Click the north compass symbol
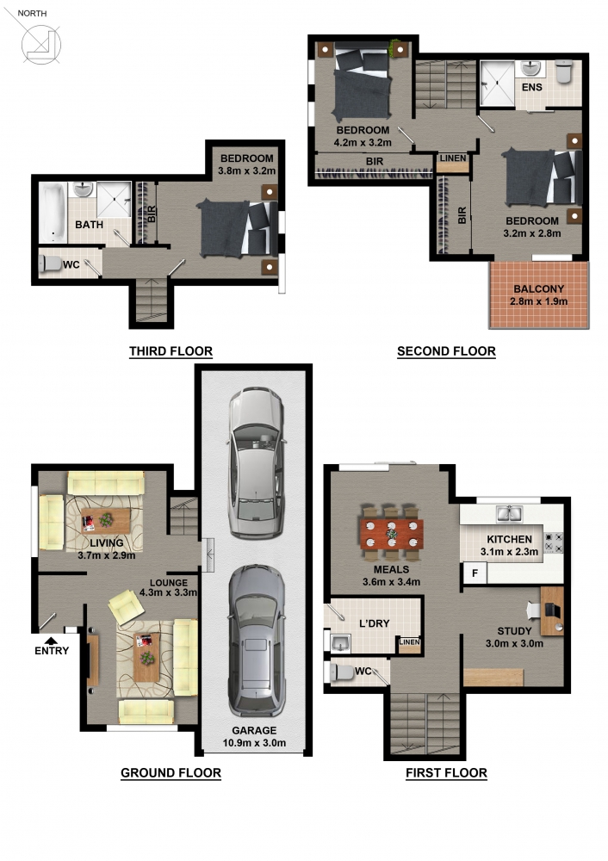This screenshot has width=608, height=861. (40, 45)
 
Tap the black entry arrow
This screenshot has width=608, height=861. (51, 641)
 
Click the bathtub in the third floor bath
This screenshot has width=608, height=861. (53, 213)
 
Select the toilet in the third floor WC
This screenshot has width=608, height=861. (51, 263)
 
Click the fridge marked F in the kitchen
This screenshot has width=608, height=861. (475, 573)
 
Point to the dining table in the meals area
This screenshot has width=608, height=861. (392, 533)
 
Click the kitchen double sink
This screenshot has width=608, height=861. (509, 513)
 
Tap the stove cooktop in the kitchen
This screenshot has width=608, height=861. (553, 542)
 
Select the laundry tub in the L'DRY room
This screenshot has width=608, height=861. (340, 642)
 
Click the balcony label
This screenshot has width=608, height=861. (539, 288)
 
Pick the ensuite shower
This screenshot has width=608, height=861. (497, 83)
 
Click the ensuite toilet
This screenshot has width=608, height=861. (564, 71)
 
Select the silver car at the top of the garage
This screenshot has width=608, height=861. (257, 462)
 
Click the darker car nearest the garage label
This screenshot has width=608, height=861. (257, 641)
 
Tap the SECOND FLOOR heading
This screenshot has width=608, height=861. (446, 351)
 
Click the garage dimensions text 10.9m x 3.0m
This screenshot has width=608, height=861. (254, 743)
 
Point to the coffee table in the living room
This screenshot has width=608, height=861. (105, 521)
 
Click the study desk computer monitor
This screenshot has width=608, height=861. (553, 610)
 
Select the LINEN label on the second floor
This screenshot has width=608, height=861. (453, 158)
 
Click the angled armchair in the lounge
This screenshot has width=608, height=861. (127, 607)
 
